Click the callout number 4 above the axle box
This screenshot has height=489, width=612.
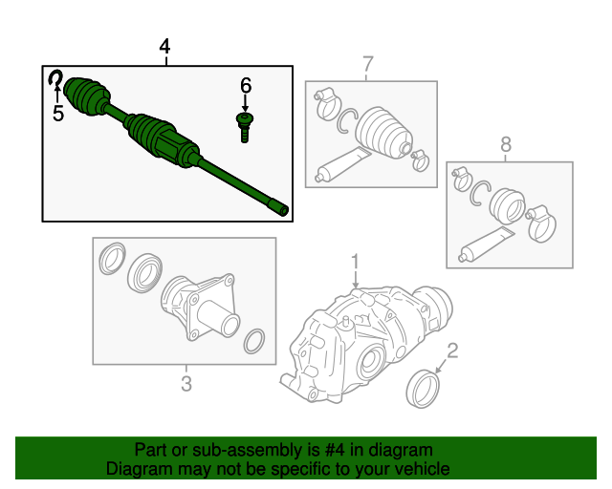pyautogui.click(x=165, y=47)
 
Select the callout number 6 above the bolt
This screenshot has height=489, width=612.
pyautogui.click(x=246, y=86)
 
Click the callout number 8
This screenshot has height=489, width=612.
pyautogui.click(x=506, y=144)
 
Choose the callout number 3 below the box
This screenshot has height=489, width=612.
pyautogui.click(x=186, y=384)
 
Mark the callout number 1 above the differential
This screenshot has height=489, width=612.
pyautogui.click(x=355, y=261)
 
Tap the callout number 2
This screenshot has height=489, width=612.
pyautogui.click(x=453, y=350)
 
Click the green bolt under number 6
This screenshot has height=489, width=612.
pyautogui.click(x=245, y=125)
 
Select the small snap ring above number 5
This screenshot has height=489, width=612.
pyautogui.click(x=57, y=80)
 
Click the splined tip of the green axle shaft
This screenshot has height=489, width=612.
pyautogui.click(x=279, y=208)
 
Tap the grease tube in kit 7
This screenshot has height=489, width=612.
pyautogui.click(x=339, y=164)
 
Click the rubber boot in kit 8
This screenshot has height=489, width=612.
pyautogui.click(x=506, y=205)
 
